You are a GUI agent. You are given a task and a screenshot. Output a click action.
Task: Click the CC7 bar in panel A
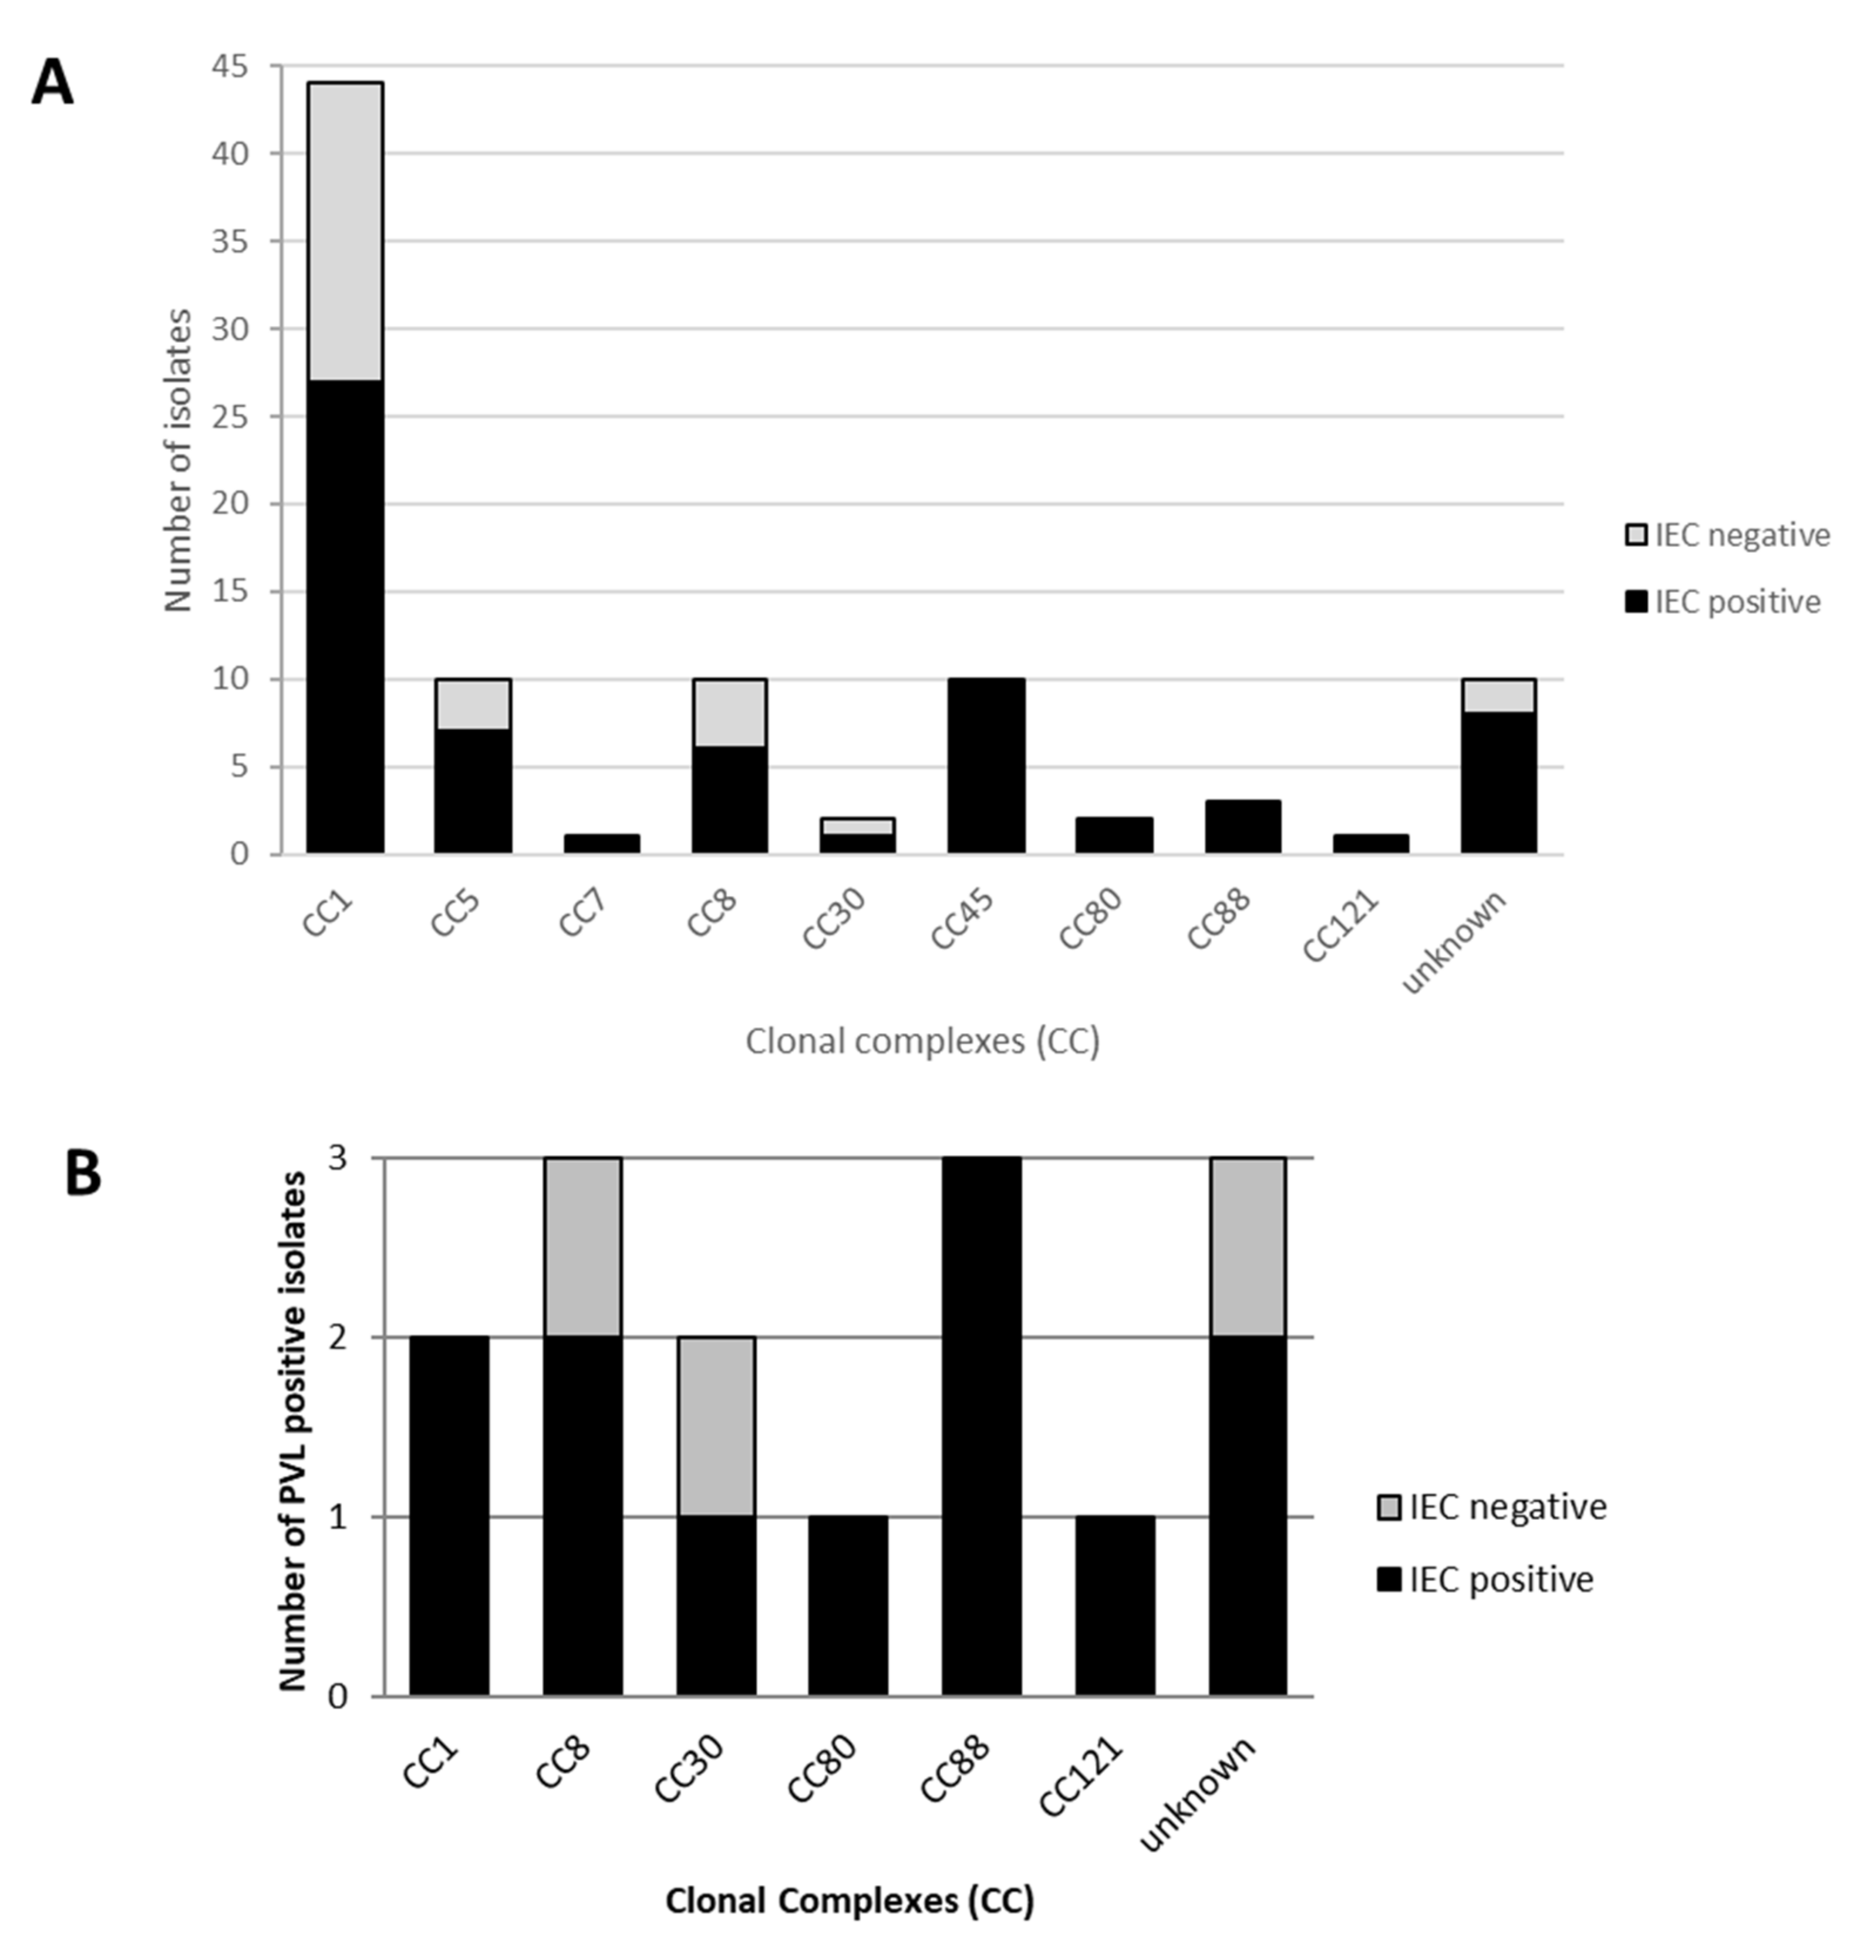pyautogui.click(x=602, y=844)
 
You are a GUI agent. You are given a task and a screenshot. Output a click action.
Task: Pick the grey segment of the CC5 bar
pyautogui.click(x=473, y=704)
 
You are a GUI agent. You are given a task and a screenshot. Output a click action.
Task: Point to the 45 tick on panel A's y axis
pyautogui.click(x=229, y=66)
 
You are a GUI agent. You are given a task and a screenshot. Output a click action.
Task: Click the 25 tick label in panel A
pyautogui.click(x=229, y=416)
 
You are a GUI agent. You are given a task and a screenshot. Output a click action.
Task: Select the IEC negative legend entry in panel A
pyautogui.click(x=1726, y=535)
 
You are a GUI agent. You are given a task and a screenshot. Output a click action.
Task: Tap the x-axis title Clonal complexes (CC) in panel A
pyautogui.click(x=922, y=1041)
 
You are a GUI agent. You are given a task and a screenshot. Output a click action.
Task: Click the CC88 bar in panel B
pyautogui.click(x=981, y=1428)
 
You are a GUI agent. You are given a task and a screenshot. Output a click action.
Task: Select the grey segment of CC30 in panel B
pyautogui.click(x=716, y=1426)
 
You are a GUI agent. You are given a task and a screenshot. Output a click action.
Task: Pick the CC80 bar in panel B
pyautogui.click(x=848, y=1607)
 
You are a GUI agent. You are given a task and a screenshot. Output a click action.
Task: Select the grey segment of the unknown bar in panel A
pyautogui.click(x=1498, y=695)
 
